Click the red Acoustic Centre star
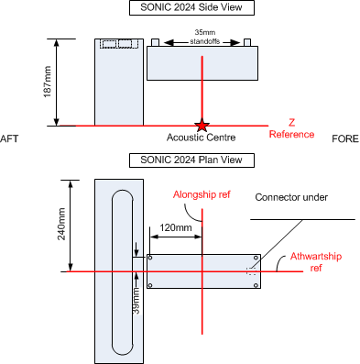coord(202,125)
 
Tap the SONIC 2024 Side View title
coord(191,7)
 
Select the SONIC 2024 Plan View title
coord(191,160)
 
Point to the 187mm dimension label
coord(48,82)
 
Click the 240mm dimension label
coord(61,224)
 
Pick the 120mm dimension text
coord(176,227)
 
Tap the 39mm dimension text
coord(136,301)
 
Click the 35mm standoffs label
coord(205,37)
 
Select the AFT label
coord(9,138)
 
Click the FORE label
coord(345,138)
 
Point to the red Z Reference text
coord(291,128)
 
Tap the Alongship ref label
coord(202,194)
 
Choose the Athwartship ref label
coord(316,262)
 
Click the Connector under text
coord(291,197)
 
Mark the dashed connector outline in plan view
coord(251,271)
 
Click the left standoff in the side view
coord(156,42)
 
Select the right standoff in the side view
coord(247,42)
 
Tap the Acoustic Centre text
coord(201,138)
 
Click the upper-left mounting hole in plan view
coord(150,258)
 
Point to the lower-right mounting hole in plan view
coord(256,285)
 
